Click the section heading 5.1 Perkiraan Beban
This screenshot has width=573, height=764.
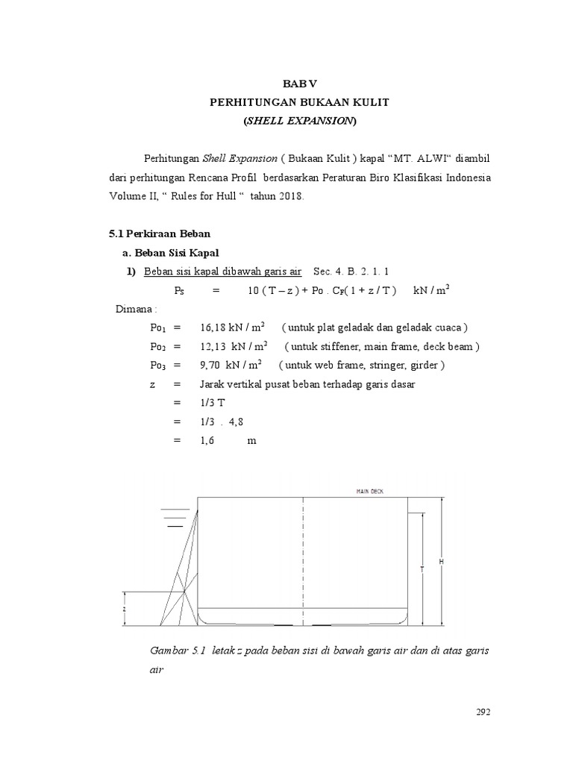pyautogui.click(x=160, y=234)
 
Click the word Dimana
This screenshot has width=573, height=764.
pyautogui.click(x=134, y=309)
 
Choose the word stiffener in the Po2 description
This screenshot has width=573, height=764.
pyautogui.click(x=342, y=347)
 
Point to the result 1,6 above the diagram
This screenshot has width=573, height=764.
pyautogui.click(x=207, y=441)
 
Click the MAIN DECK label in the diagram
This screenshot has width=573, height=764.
pyautogui.click(x=372, y=491)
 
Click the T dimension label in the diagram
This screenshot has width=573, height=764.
pyautogui.click(x=422, y=569)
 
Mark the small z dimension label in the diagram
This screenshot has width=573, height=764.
pyautogui.click(x=125, y=608)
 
